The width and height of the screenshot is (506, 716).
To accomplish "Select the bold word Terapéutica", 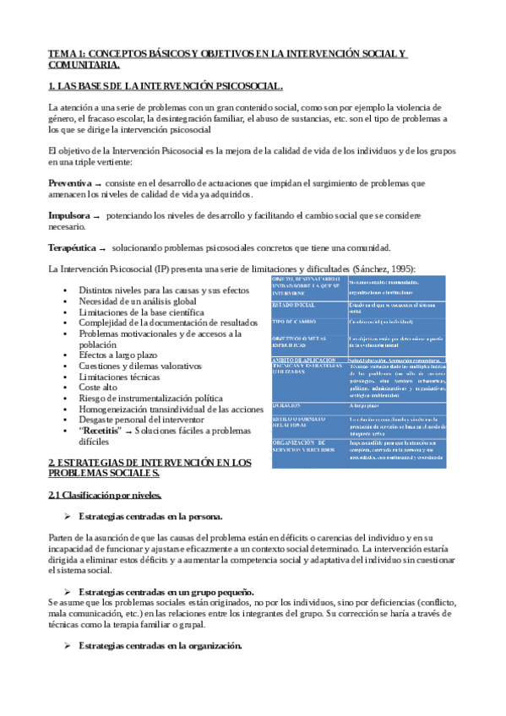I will pyautogui.click(x=72, y=248).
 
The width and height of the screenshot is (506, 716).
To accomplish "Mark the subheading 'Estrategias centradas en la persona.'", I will pyautogui.click(x=150, y=515).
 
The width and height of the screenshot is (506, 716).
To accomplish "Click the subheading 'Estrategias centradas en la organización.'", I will pyautogui.click(x=160, y=646).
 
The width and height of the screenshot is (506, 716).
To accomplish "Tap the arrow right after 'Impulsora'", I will pyautogui.click(x=95, y=216).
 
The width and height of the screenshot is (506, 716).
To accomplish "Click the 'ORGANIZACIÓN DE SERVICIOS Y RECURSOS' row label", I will pyautogui.click(x=304, y=445).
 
